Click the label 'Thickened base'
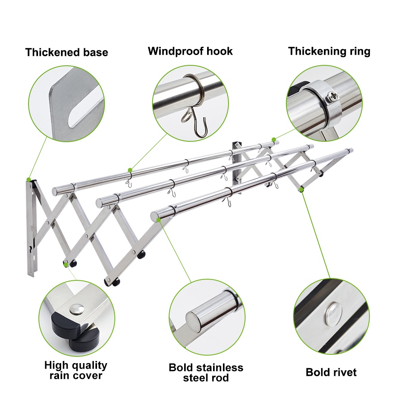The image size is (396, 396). click(x=67, y=52)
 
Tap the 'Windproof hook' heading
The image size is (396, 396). click(x=190, y=51)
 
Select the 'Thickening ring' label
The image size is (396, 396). click(x=329, y=51)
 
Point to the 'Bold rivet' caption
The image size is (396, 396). click(x=331, y=372)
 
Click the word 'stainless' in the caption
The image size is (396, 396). click(x=219, y=367)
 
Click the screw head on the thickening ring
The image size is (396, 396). click(x=333, y=96)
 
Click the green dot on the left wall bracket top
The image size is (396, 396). click(x=29, y=179)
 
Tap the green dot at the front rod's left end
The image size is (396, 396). click(x=159, y=220)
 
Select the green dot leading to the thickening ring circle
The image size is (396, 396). click(x=274, y=139)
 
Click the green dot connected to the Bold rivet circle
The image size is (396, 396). click(x=301, y=189)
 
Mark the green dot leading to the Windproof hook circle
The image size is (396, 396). click(x=130, y=170)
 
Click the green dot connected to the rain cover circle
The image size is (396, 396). click(x=66, y=265)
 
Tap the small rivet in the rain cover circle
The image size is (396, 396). click(x=77, y=309)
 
